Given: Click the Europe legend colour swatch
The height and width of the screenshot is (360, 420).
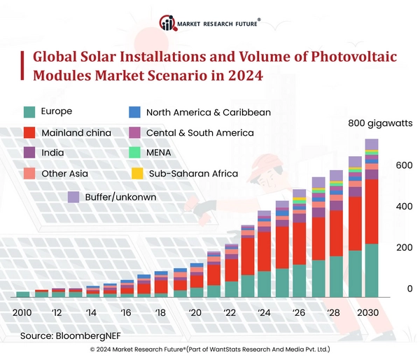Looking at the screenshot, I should click(x=29, y=111).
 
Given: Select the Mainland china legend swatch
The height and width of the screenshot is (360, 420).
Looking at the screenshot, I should click(x=29, y=132).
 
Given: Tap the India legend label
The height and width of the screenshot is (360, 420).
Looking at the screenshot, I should click(x=53, y=152).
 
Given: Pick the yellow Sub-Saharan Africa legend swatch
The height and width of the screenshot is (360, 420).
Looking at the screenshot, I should click(x=136, y=173).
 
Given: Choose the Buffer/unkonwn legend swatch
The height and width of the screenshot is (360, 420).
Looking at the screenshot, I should click(x=73, y=197).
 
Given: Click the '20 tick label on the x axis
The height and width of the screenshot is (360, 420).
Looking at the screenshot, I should click(x=195, y=312).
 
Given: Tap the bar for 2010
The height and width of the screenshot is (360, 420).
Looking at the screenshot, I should click(x=23, y=295).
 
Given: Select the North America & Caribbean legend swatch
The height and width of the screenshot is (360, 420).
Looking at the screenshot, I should click(x=136, y=111).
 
